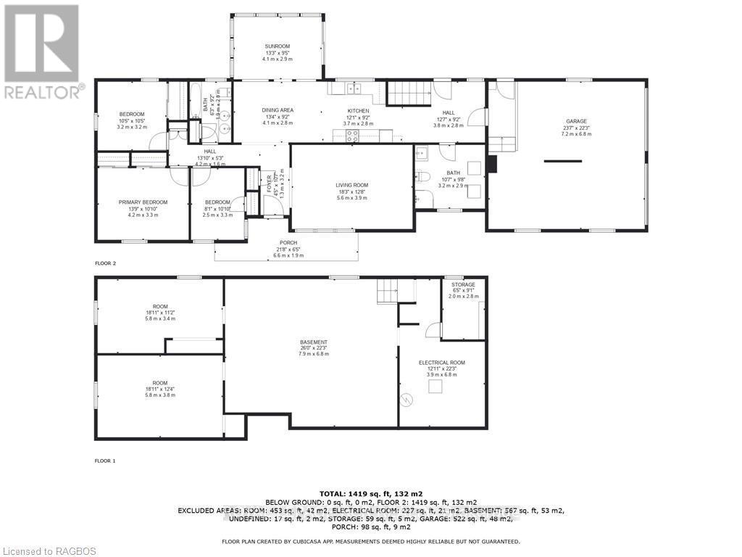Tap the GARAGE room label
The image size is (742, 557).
577,121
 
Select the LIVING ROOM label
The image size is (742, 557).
351,185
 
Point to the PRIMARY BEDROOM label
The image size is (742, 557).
143,202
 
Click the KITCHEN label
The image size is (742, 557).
358,111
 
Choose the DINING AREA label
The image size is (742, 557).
278,110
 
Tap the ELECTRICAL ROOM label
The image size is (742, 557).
442,362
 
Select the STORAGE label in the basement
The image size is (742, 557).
463,284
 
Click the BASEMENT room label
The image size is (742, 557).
314,342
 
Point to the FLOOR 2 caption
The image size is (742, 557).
105,263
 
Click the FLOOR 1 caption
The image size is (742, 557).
105,461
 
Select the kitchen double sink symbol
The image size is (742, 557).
352,88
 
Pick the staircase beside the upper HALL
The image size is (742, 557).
409,94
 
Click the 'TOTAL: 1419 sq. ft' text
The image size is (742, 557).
370,493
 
